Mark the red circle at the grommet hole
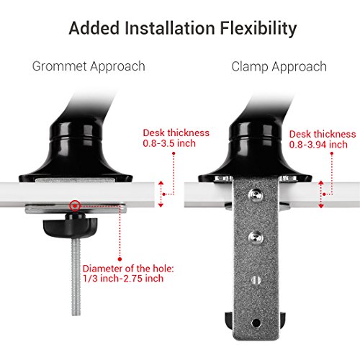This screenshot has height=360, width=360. pos(73,206)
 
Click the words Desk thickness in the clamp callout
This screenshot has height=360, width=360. pos(322,134)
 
